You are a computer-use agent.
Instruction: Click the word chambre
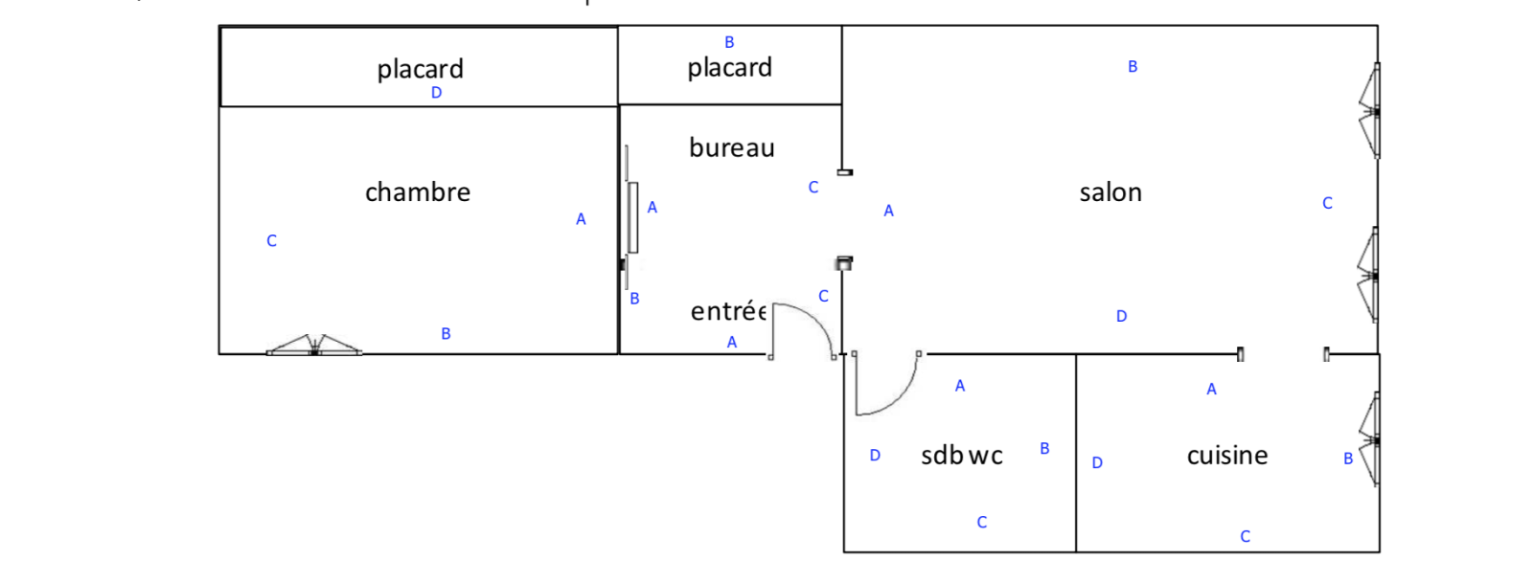click(418, 192)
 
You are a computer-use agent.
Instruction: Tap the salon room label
click(1110, 192)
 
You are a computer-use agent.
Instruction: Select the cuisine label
click(1227, 456)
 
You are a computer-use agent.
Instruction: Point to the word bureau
click(732, 147)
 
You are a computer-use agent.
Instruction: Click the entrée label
click(728, 311)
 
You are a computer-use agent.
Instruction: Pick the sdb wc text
click(962, 456)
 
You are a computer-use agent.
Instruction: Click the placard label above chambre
click(420, 69)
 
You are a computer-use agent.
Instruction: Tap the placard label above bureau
click(729, 68)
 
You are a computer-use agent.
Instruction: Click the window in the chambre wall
click(314, 347)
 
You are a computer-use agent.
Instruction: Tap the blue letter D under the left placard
click(436, 93)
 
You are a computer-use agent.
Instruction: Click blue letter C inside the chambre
click(271, 241)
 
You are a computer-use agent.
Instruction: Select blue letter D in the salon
click(1121, 316)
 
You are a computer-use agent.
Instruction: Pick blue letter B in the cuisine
click(1347, 459)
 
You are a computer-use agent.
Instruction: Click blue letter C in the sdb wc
click(981, 522)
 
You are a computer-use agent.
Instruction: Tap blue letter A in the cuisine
click(1211, 389)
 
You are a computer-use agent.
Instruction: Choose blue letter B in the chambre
click(446, 333)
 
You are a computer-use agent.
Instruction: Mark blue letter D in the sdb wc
click(874, 456)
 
